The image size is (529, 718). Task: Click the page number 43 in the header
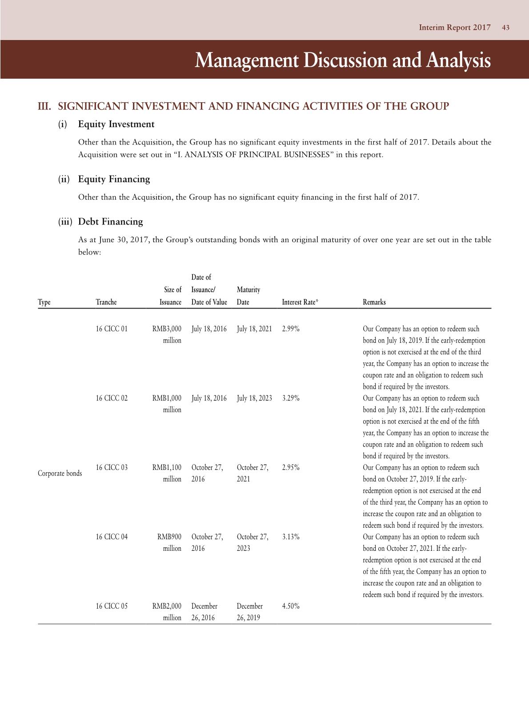pos(505,28)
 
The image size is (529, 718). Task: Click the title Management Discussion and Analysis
pos(342,60)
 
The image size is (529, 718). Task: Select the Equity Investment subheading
pos(116,124)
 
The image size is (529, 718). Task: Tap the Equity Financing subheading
pos(114,179)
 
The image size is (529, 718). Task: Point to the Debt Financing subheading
pos(110,222)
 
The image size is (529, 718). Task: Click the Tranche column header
pos(106,302)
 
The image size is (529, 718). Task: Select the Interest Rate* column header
pos(300,302)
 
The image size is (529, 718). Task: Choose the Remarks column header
pos(374,302)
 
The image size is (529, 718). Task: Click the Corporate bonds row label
pos(60,473)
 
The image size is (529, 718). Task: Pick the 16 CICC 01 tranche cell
pos(112,329)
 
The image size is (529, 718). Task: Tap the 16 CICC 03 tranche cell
pos(112,468)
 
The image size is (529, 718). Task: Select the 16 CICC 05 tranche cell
pos(112,606)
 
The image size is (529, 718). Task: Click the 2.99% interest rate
pos(291,329)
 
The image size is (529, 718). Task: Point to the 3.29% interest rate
pos(291,398)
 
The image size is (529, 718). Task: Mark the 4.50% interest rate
pos(291,606)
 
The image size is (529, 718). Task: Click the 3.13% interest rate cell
pos(291,537)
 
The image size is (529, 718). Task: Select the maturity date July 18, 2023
pos(254,398)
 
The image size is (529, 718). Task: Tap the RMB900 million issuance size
pos(170,542)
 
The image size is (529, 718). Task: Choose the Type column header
pos(44,302)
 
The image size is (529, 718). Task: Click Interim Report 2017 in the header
pos(455,28)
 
